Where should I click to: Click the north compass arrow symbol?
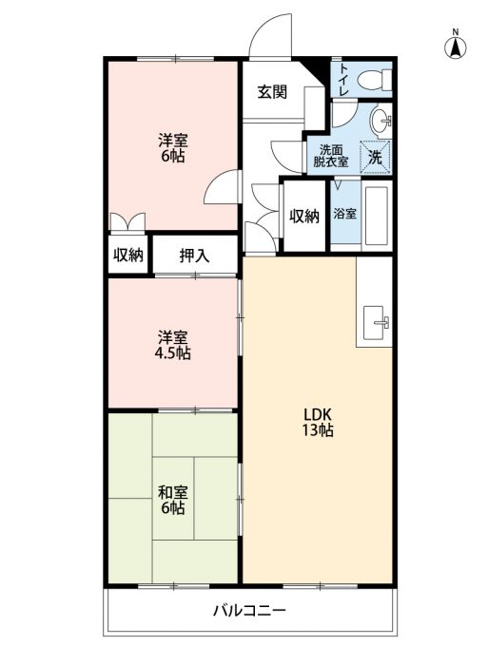pyautogui.click(x=456, y=47)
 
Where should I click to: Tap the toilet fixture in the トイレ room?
pyautogui.click(x=374, y=79)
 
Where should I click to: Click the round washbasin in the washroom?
pyautogui.click(x=381, y=121)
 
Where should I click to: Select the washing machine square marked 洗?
pyautogui.click(x=375, y=157)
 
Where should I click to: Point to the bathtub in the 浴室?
pyautogui.click(x=377, y=216)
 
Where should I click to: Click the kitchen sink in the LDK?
pyautogui.click(x=376, y=322)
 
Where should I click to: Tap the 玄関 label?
pyautogui.click(x=272, y=91)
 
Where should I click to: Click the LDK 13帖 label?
pyautogui.click(x=317, y=423)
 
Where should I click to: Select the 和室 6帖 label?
pyautogui.click(x=172, y=500)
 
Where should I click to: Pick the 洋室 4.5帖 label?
pyautogui.click(x=172, y=345)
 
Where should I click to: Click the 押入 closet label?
pyautogui.click(x=194, y=256)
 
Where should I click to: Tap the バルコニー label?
pyautogui.click(x=249, y=611)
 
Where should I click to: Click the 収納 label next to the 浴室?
pyautogui.click(x=304, y=217)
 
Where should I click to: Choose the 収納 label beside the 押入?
pyautogui.click(x=127, y=255)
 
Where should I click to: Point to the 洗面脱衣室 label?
pyautogui.click(x=331, y=156)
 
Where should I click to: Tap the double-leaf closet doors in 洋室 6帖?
pyautogui.click(x=127, y=222)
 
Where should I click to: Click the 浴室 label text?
pyautogui.click(x=344, y=214)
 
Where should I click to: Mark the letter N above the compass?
pyautogui.click(x=456, y=31)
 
